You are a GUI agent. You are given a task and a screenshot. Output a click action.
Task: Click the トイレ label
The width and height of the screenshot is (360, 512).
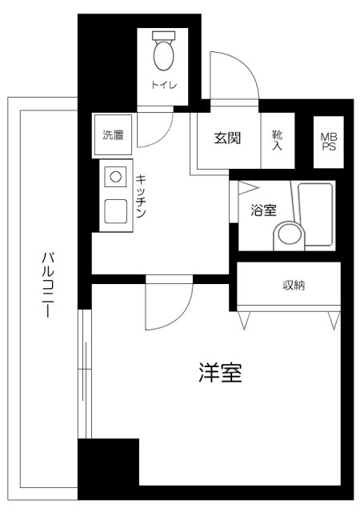coord(166,84)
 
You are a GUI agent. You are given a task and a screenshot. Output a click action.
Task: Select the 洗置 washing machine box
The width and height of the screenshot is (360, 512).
coord(114,135)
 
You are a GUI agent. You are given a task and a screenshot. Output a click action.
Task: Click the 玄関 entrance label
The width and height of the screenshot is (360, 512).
coord(227,138)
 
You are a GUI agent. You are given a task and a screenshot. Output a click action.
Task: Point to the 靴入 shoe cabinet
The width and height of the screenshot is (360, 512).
coord(278,140)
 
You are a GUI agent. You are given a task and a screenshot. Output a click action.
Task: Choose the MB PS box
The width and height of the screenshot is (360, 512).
coord(328,142)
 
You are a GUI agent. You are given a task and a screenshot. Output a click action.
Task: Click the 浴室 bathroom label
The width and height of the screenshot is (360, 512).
coord(263,211)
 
